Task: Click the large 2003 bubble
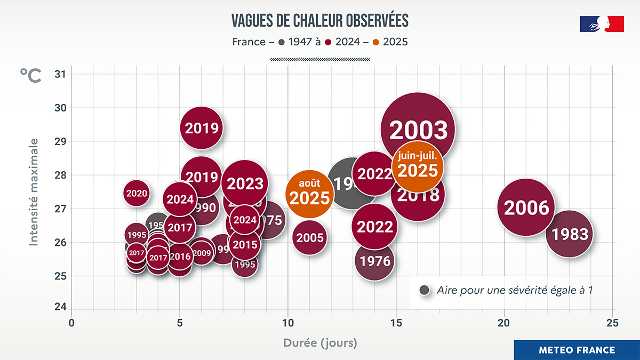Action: point(418,130)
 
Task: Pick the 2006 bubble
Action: point(526,207)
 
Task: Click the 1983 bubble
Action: point(570,234)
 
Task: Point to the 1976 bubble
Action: point(375,261)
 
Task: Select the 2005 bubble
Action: point(310,238)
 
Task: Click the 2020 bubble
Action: point(137,193)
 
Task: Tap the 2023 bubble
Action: point(245,183)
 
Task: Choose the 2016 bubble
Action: point(180,257)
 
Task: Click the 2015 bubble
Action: point(245,245)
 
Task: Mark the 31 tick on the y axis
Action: point(60,74)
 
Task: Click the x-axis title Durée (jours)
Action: point(320,342)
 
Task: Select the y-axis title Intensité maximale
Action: point(34,192)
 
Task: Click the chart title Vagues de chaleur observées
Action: point(320,20)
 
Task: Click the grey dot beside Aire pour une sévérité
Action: point(425,290)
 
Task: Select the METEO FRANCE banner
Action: point(577,350)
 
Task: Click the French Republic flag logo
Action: point(602,24)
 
